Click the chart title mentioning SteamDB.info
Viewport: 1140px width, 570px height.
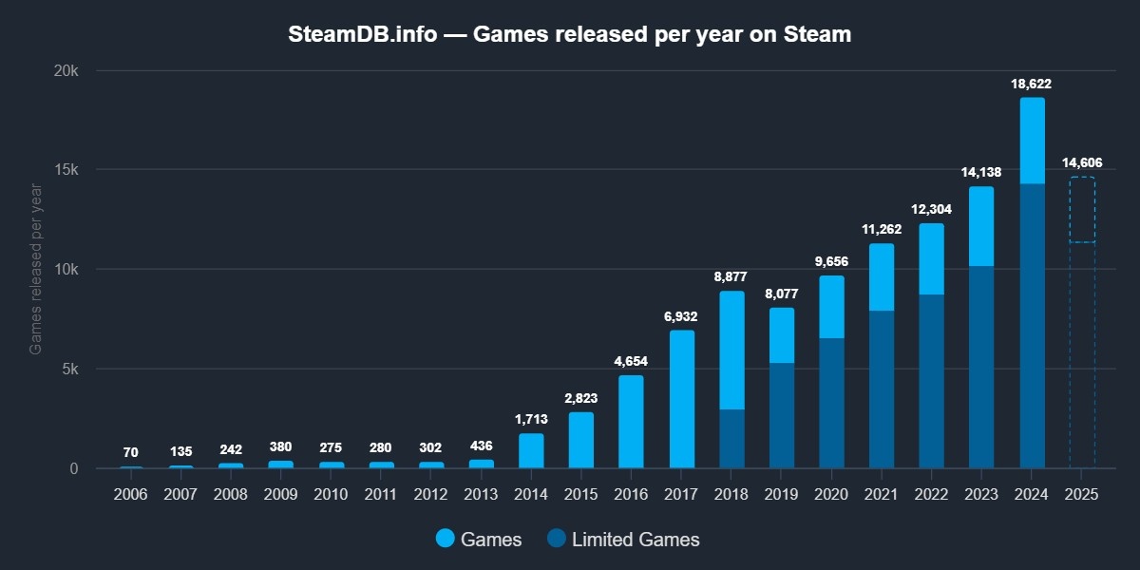click(570, 35)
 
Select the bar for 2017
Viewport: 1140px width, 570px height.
click(681, 399)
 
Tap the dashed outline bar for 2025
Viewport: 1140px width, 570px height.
click(1082, 323)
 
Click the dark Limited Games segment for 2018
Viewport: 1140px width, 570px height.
click(731, 439)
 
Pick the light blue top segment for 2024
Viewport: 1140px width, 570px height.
click(1032, 141)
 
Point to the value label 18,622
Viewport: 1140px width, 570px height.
click(1032, 85)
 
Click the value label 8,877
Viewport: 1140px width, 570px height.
click(731, 277)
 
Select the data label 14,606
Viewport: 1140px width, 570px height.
click(1082, 162)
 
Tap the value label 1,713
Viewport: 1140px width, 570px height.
click(531, 419)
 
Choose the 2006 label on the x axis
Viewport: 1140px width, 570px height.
click(131, 495)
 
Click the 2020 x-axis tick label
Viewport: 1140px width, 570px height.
click(831, 495)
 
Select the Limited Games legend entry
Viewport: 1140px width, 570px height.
click(623, 540)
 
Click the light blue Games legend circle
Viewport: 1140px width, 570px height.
click(446, 539)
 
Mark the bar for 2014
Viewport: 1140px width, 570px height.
click(531, 451)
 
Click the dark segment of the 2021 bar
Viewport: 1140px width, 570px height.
click(882, 389)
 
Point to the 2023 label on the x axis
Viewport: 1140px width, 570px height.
click(981, 495)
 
